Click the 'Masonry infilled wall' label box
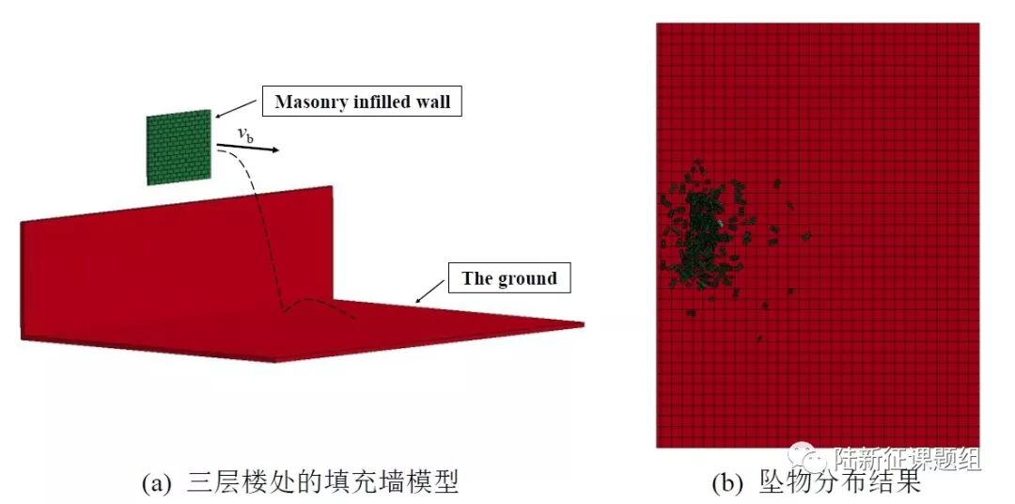(363, 102)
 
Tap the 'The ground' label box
(508, 278)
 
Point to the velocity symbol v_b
(244, 135)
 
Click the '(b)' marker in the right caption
(728, 484)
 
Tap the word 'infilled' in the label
(381, 102)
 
